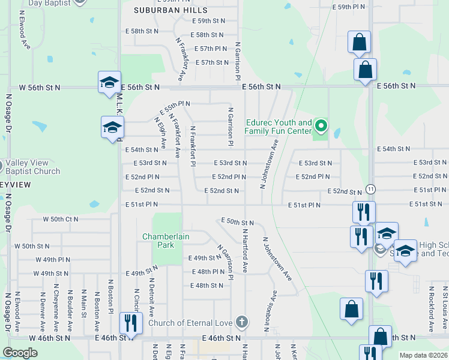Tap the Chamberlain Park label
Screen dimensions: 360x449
pyautogui.click(x=166, y=241)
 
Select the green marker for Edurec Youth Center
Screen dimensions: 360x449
pyautogui.click(x=321, y=126)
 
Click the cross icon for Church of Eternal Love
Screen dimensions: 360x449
pyautogui.click(x=241, y=322)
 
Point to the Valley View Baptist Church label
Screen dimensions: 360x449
pyautogui.click(x=34, y=167)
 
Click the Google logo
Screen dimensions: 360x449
pyautogui.click(x=20, y=353)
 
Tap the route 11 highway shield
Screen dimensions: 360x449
pyautogui.click(x=372, y=188)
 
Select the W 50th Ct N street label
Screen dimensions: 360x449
pyautogui.click(x=60, y=219)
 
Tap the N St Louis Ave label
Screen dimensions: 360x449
pyautogui.click(x=445, y=308)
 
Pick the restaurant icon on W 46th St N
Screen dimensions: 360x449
pyautogui.click(x=130, y=323)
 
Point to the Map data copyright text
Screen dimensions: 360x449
pyautogui.click(x=423, y=355)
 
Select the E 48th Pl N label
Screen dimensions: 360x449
pyautogui.click(x=209, y=271)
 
